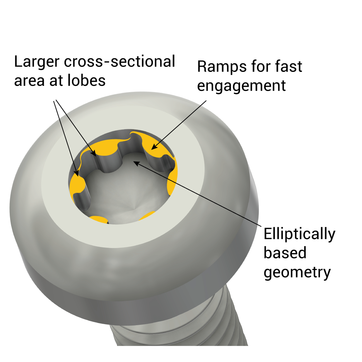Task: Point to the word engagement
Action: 241,85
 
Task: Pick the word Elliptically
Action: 299,234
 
